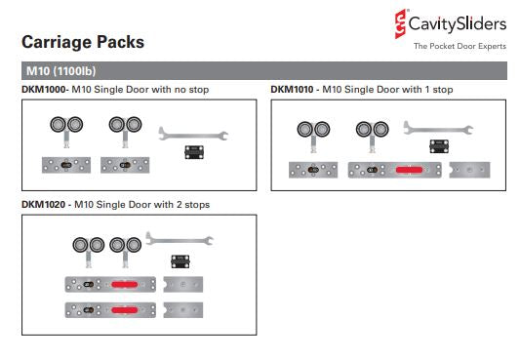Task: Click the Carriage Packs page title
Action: point(83,42)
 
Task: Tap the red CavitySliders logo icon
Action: point(400,23)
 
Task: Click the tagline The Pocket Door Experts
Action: point(460,46)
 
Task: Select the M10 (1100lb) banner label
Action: point(61,71)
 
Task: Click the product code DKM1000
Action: point(44,90)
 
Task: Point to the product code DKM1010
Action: point(292,90)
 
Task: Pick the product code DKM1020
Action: point(44,205)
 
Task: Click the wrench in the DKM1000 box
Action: point(193,134)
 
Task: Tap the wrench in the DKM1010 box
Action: point(438,128)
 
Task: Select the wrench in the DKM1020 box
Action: point(180,239)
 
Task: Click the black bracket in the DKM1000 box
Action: point(194,152)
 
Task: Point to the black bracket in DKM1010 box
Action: point(439,146)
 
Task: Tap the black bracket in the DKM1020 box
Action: point(180,261)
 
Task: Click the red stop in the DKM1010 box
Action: point(409,170)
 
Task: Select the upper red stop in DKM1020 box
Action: point(125,285)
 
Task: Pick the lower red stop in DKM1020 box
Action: point(125,310)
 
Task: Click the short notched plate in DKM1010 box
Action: point(469,170)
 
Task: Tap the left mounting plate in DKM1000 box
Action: point(66,165)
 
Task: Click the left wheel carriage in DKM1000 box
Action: point(66,132)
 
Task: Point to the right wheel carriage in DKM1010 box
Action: point(373,137)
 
